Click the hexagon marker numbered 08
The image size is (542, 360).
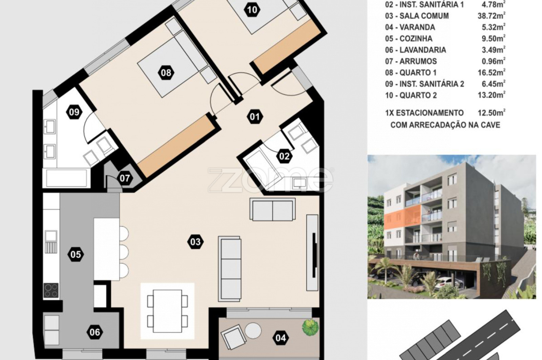[166, 73]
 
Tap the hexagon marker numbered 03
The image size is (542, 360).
[195, 242]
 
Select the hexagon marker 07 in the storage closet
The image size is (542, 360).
[125, 178]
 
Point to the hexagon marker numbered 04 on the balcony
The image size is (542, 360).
[281, 338]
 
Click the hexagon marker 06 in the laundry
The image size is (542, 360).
[95, 332]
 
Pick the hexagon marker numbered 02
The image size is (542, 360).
[284, 156]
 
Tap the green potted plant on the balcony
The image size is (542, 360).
[310, 327]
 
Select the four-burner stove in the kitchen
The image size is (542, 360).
[51, 290]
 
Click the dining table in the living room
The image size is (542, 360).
[167, 311]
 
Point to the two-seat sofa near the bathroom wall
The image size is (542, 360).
[273, 209]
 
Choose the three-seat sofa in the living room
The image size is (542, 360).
[230, 269]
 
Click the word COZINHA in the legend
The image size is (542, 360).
[416, 39]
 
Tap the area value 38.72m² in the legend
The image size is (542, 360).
[492, 16]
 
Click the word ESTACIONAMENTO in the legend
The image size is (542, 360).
[430, 113]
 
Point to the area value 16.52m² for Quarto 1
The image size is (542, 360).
[492, 72]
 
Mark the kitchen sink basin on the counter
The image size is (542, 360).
[51, 235]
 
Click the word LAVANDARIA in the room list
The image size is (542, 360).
[423, 50]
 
